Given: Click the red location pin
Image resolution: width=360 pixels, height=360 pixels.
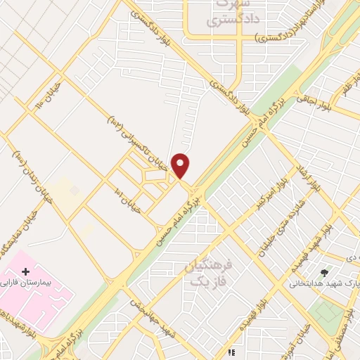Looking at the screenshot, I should pyautogui.click(x=181, y=166).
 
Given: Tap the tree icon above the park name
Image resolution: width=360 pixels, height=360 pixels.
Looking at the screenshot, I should pyautogui.click(x=324, y=272).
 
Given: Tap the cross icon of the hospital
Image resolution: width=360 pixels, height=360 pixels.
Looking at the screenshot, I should pyautogui.click(x=26, y=271).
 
